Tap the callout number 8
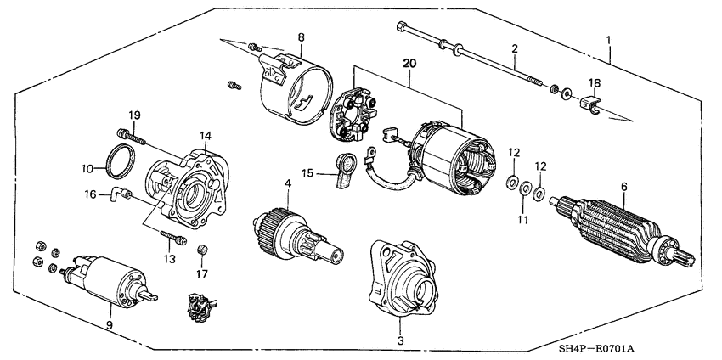(x=300, y=37)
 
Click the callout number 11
(x=523, y=219)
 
